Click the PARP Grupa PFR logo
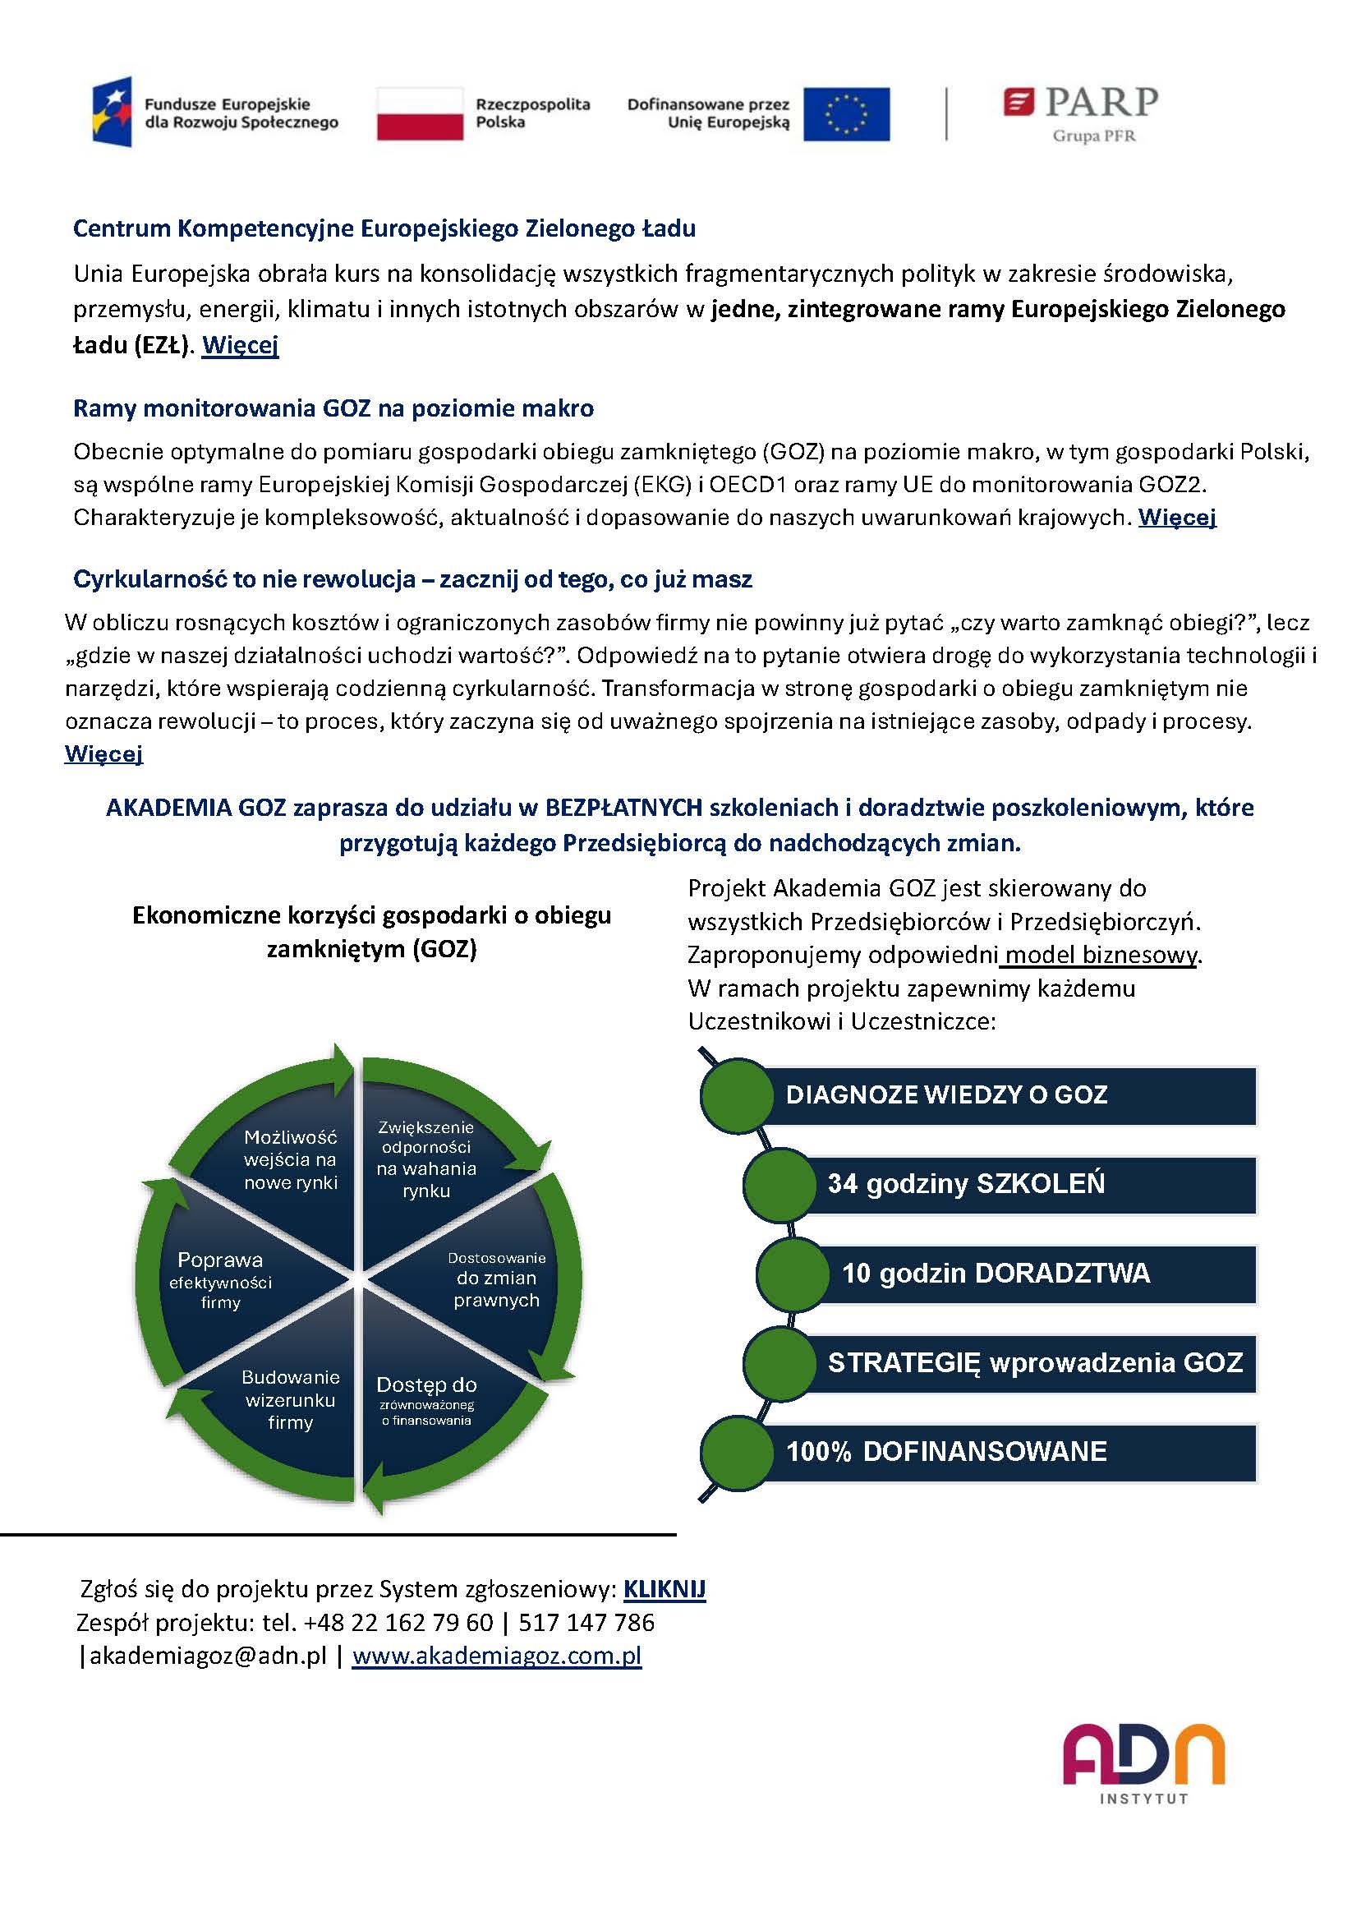(1081, 114)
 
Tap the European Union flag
(846, 114)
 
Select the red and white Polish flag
(420, 114)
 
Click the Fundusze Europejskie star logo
(112, 113)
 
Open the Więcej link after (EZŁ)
(240, 345)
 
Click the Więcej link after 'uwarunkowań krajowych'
(1177, 517)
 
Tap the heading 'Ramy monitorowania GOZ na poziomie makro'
(333, 408)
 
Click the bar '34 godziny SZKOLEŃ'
(1032, 1184)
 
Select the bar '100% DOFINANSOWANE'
(1007, 1452)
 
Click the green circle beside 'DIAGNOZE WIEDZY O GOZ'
(737, 1095)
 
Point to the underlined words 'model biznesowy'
(1101, 954)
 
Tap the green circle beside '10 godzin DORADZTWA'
(793, 1274)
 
